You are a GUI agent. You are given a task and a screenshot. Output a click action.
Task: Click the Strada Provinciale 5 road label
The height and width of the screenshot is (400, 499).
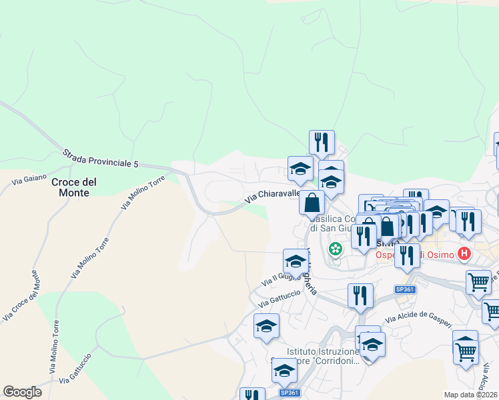pos(101,158)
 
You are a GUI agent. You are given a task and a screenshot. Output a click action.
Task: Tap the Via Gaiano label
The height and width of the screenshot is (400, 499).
pos(29,179)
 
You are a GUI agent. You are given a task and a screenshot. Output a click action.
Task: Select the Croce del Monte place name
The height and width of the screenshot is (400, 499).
pos(74,187)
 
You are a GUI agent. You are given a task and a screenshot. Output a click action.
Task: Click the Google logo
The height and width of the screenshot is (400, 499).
pos(22,392)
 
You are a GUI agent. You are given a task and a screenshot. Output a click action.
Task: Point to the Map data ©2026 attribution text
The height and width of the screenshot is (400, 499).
pos(471,395)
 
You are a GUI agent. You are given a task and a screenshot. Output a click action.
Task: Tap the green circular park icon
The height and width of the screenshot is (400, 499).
pos(335,249)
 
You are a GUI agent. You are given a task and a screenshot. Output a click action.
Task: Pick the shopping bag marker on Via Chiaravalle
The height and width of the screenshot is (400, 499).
pos(312,203)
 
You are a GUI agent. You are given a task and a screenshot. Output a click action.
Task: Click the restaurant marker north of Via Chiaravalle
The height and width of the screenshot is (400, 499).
pos(322,141)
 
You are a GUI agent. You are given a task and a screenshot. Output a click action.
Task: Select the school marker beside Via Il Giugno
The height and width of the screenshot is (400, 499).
pos(296,261)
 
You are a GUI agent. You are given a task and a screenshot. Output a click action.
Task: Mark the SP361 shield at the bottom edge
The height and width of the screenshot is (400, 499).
pos(290,393)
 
